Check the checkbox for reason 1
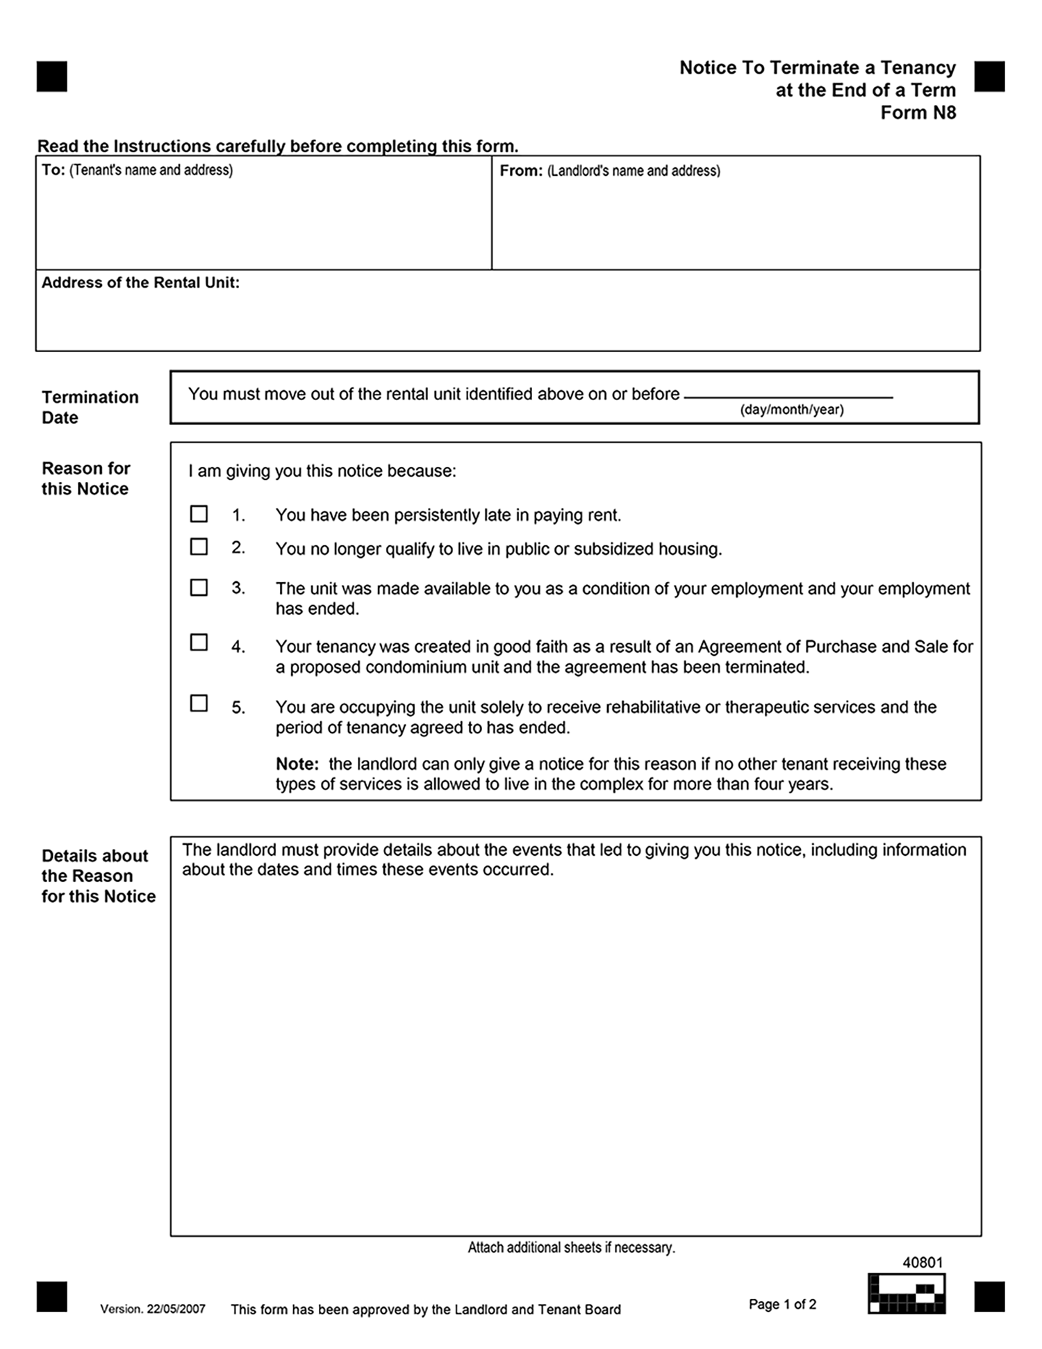pos(199,514)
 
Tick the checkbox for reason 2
pos(199,547)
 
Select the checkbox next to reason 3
pos(199,588)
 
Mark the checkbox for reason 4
pos(199,643)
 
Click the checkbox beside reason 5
pos(199,704)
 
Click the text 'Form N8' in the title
pos(918,113)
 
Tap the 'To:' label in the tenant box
pos(53,170)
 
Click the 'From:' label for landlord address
pos(520,171)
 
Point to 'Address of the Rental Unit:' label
pos(140,283)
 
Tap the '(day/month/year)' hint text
pos(791,410)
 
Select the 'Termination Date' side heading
pos(90,407)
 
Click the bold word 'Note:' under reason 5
pos(297,764)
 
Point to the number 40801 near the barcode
pos(922,1263)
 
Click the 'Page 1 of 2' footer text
pos(782,1305)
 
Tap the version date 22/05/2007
pos(176,1309)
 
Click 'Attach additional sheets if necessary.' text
pos(571,1248)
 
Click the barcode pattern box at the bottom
pos(906,1293)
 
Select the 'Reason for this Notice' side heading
pos(85,479)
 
